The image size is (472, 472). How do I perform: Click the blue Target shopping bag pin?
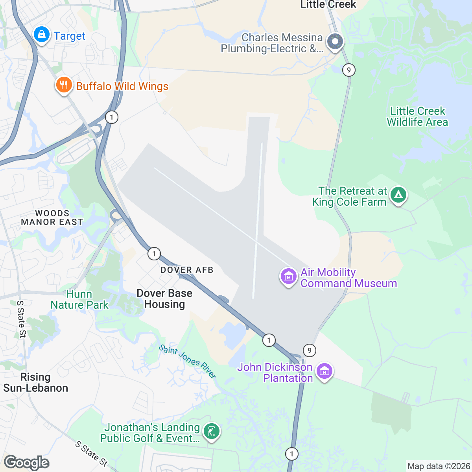click(x=41, y=35)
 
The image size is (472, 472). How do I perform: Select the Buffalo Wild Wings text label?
click(x=122, y=86)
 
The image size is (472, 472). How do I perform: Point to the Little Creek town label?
click(x=328, y=5)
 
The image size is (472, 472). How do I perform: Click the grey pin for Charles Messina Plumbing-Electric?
click(x=335, y=41)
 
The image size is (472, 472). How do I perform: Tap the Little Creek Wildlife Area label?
click(x=417, y=116)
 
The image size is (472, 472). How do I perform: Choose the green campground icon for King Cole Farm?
click(x=398, y=195)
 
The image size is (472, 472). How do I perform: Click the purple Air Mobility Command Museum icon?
click(x=288, y=277)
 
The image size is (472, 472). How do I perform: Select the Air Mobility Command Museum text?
click(x=348, y=278)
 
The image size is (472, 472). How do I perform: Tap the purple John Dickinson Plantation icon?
click(x=324, y=371)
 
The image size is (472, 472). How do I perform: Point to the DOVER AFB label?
click(x=187, y=270)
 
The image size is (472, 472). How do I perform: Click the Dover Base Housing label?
click(x=164, y=299)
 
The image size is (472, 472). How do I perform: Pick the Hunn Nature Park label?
click(x=79, y=299)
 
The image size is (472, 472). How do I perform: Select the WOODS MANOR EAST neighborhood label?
click(x=52, y=218)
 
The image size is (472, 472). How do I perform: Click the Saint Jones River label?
click(x=187, y=361)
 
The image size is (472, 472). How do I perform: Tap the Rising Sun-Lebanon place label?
click(x=35, y=382)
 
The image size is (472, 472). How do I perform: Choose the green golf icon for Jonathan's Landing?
click(x=212, y=432)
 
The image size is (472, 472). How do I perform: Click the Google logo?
click(x=27, y=463)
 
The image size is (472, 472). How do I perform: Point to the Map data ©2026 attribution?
click(x=438, y=466)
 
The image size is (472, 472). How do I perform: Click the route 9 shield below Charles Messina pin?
click(x=348, y=70)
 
